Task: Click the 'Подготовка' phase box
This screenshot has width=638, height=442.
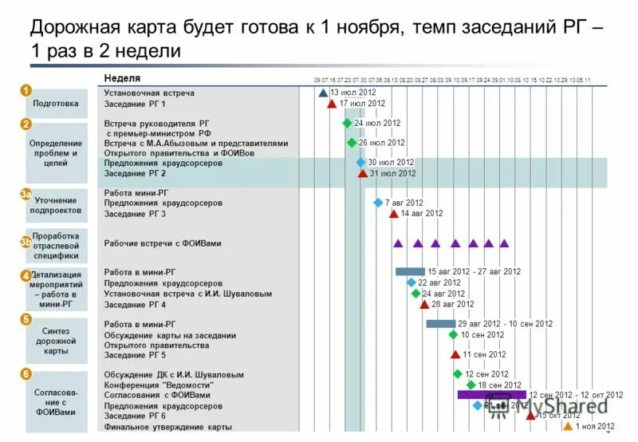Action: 56,103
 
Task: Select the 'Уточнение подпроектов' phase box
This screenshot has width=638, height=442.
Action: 56,205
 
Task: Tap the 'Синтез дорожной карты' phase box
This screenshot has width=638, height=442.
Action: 56,341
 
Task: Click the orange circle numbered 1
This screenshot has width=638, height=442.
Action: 26,90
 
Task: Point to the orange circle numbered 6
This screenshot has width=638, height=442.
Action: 26,373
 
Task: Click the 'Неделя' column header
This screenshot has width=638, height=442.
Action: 122,78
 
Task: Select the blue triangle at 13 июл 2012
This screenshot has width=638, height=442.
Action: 323,93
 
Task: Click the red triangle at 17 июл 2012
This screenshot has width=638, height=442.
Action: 332,104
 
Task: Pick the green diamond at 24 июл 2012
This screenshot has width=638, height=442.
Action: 347,123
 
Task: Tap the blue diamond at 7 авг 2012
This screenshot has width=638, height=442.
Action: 378,203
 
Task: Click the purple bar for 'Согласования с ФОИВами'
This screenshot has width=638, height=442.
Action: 491,395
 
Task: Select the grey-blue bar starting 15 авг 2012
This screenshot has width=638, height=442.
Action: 410,271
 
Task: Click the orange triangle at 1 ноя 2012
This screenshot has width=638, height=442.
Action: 568,426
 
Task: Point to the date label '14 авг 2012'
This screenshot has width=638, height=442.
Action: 422,214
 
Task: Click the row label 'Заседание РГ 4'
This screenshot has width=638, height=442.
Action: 135,305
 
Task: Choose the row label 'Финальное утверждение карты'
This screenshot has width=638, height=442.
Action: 167,427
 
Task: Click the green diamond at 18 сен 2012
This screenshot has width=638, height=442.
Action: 471,385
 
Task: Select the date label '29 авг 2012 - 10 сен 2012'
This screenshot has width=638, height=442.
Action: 505,324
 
